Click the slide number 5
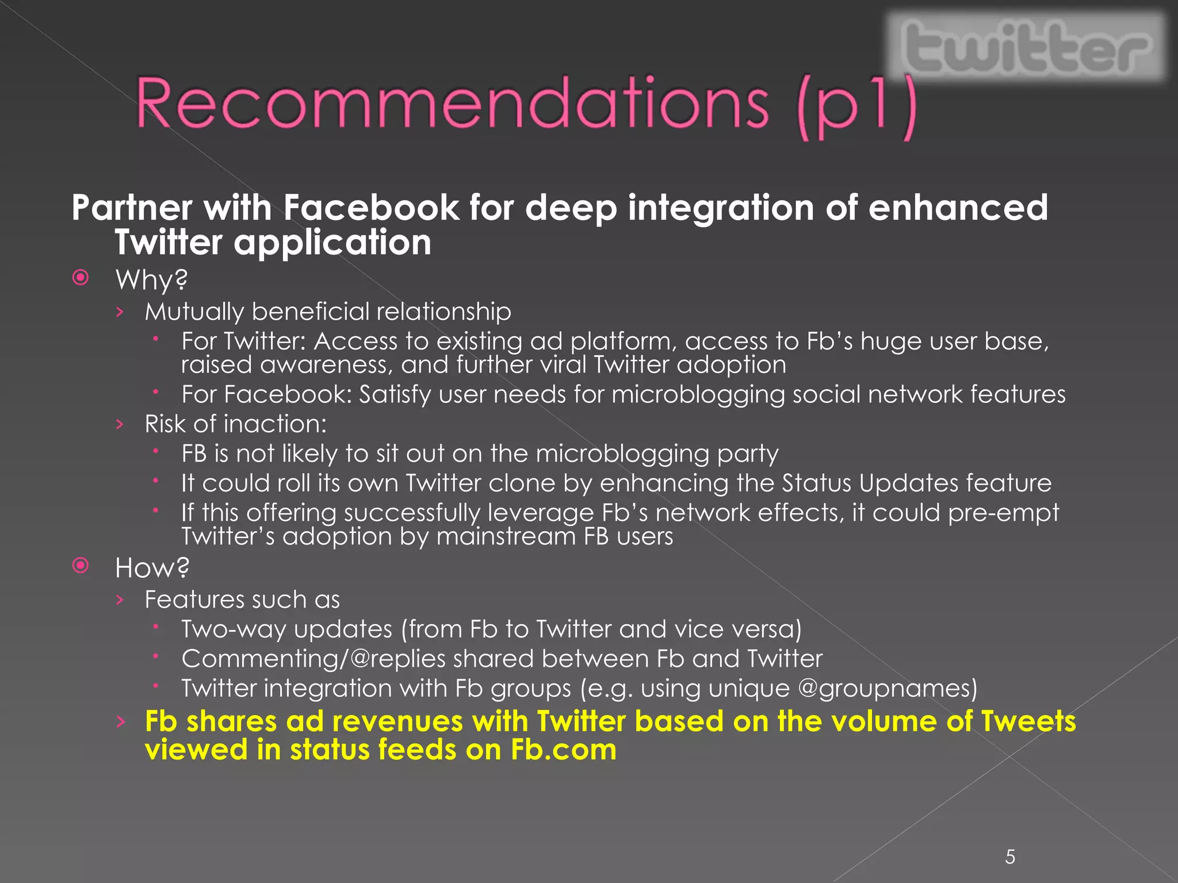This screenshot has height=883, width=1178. click(1010, 857)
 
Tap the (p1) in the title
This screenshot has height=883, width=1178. click(857, 106)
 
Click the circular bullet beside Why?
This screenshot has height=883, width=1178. click(81, 278)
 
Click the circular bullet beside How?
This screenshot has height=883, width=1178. click(81, 566)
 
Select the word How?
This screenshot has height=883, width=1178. click(152, 568)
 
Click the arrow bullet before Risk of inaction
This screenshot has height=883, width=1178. click(120, 424)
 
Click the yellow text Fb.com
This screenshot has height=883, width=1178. click(564, 750)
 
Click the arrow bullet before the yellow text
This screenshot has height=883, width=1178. click(120, 721)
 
